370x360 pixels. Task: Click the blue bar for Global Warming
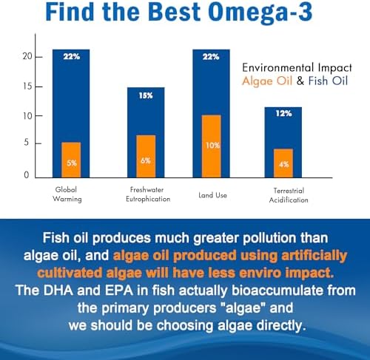71,96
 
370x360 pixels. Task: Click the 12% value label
283,113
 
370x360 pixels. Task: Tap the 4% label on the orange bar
283,163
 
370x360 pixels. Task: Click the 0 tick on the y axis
27,175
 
